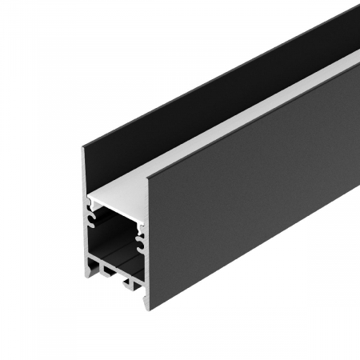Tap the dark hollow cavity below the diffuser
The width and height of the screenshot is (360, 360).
pyautogui.click(x=116, y=240)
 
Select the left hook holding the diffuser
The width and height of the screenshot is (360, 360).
pyautogui.click(x=90, y=210)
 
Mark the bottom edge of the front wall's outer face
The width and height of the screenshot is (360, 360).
pyautogui.click(x=256, y=264)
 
